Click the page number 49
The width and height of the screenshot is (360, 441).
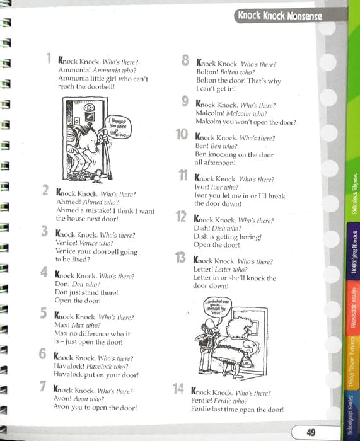(x=310, y=432)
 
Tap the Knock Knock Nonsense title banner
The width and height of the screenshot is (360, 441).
(x=279, y=16)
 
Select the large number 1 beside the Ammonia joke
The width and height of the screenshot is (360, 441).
(x=49, y=59)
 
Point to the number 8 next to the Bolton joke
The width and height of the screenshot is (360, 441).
(x=186, y=61)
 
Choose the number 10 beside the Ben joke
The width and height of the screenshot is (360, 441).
(x=182, y=135)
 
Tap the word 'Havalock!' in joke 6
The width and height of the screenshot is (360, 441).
(x=73, y=366)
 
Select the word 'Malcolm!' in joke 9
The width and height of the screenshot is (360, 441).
(x=209, y=114)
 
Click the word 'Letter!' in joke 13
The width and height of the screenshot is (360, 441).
(x=206, y=270)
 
